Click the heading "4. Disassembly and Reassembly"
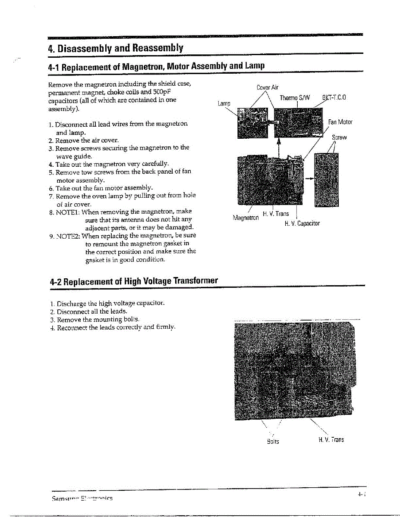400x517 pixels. click(x=116, y=47)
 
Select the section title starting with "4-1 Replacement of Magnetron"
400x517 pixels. click(x=156, y=66)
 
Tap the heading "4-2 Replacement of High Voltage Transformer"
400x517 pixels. click(x=134, y=281)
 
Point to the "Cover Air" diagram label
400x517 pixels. click(x=268, y=87)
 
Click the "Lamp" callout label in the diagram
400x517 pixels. click(x=224, y=103)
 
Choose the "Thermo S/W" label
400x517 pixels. click(x=295, y=98)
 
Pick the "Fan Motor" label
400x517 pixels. click(x=340, y=122)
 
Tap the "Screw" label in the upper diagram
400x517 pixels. click(x=339, y=137)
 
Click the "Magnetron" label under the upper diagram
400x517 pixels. click(x=246, y=218)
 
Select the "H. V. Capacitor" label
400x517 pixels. click(x=302, y=224)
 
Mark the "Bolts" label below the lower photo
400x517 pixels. click(x=273, y=442)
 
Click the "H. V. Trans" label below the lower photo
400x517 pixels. click(x=331, y=440)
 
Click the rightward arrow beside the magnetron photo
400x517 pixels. click(x=309, y=178)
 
